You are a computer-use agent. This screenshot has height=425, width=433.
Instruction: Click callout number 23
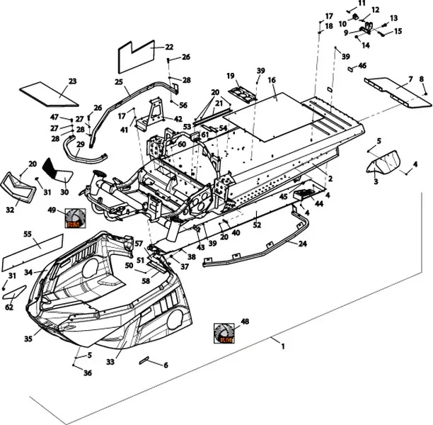point(72,81)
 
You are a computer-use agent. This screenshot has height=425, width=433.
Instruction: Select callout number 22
point(169,47)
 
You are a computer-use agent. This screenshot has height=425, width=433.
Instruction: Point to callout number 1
point(283,346)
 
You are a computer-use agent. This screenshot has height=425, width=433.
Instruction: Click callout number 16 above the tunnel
point(271,81)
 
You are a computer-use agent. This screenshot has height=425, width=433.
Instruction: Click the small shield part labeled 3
point(383,167)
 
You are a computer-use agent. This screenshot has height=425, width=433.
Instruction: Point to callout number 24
point(303,243)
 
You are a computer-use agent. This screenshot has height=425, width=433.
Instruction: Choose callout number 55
point(28,234)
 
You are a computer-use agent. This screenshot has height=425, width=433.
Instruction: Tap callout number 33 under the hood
point(110,362)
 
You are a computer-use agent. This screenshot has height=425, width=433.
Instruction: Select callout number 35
point(28,339)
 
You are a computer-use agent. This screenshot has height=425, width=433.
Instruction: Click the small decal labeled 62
point(16,291)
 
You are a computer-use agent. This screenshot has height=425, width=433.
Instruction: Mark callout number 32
point(10,210)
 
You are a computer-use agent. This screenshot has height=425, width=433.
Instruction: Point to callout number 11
point(362,4)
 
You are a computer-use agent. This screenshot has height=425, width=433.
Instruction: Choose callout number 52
point(258,225)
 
